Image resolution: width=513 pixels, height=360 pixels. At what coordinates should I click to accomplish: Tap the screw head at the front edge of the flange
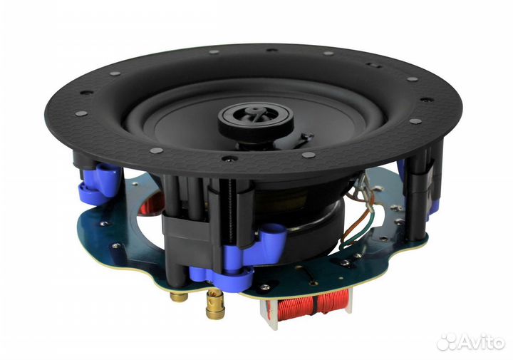tap(227, 158)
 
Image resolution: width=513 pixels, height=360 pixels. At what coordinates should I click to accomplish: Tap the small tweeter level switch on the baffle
tap(306, 135)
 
